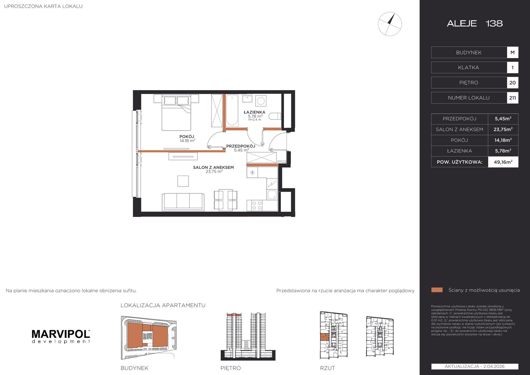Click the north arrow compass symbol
[390, 24]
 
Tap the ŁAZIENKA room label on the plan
[254, 112]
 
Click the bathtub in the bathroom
[232, 111]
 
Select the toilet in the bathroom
[275, 116]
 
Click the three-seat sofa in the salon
[183, 202]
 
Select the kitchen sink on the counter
[272, 195]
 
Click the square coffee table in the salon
[183, 181]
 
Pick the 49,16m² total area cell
[503, 162]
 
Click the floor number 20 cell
[512, 83]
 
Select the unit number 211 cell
[512, 98]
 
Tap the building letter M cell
[512, 52]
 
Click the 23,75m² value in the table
[503, 129]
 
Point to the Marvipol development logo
[61, 336]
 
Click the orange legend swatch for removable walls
[437, 290]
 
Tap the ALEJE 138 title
[475, 23]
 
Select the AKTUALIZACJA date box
[475, 366]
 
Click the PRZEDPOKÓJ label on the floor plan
[241, 146]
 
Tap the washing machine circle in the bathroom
[261, 101]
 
